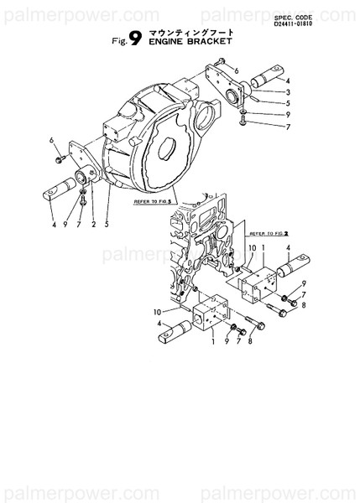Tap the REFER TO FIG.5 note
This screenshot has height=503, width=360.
(154, 201)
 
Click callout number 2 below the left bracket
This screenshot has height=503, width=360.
(93, 225)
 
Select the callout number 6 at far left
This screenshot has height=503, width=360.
(51, 139)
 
